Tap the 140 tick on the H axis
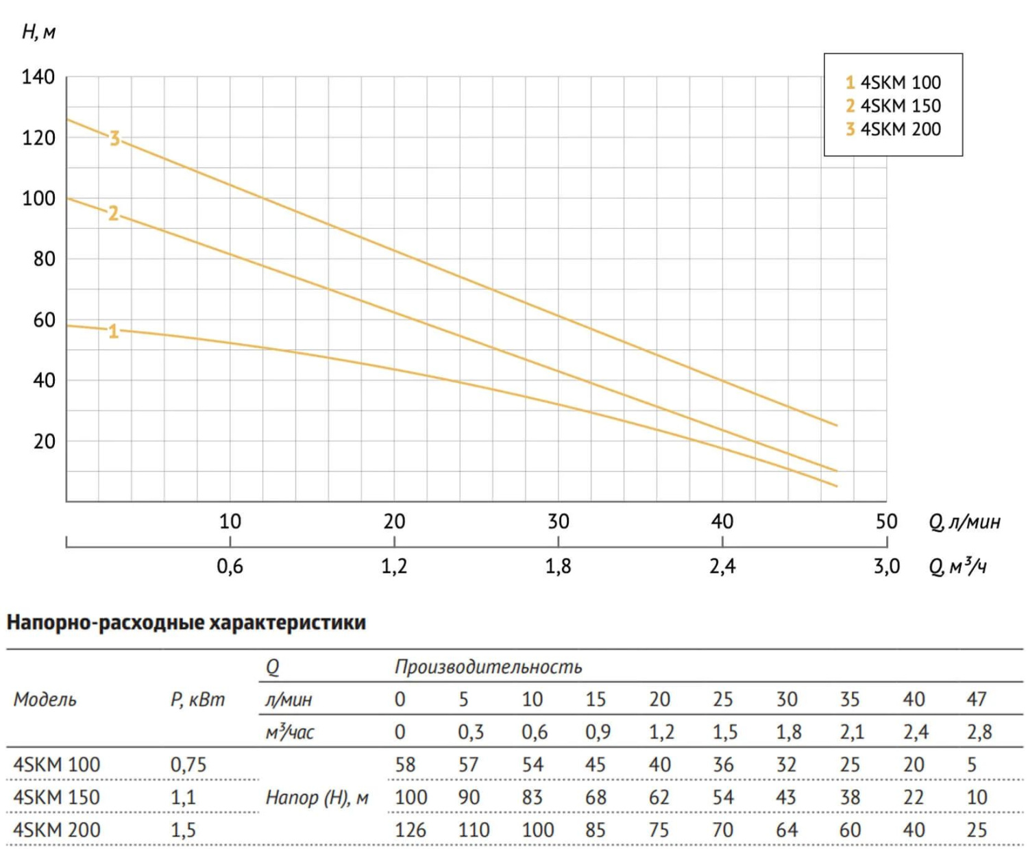coord(38,77)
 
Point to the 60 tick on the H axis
coord(44,319)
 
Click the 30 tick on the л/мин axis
coord(558,521)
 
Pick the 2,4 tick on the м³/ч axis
coord(722,566)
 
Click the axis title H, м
coord(38,32)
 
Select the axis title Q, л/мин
coord(964,522)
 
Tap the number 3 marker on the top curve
coord(114,138)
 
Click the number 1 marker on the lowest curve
coord(114,332)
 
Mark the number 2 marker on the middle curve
coord(113,214)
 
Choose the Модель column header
coord(45,700)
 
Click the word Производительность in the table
coord(488,667)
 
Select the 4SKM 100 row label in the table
coord(57,764)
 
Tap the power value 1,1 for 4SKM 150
coord(183,797)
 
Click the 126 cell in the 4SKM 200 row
coord(410,830)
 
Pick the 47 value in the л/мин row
coord(977,699)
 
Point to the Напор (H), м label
coord(317,797)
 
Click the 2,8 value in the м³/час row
coord(979,732)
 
